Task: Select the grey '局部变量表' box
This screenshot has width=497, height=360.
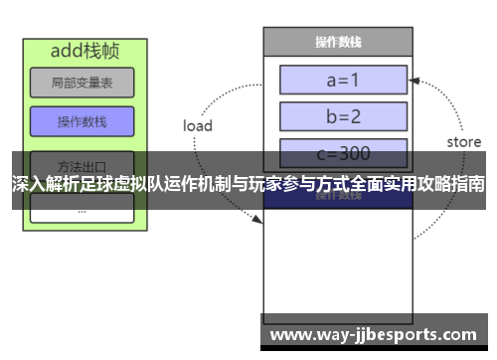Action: pyautogui.click(x=81, y=84)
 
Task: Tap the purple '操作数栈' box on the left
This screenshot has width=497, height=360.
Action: pyautogui.click(x=81, y=122)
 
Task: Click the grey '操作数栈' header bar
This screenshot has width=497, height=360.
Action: pyautogui.click(x=337, y=42)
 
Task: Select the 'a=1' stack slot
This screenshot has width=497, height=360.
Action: pyautogui.click(x=343, y=80)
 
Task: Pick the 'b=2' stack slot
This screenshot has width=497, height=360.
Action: pyautogui.click(x=343, y=116)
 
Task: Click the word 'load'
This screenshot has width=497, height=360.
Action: pyautogui.click(x=198, y=126)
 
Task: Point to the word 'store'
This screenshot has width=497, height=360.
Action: pyautogui.click(x=463, y=142)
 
